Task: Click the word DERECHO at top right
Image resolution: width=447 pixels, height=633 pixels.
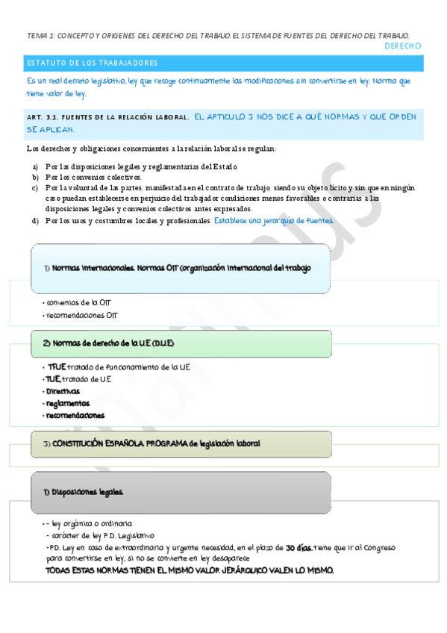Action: (402, 46)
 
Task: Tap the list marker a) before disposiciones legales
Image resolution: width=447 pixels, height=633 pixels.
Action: (35, 166)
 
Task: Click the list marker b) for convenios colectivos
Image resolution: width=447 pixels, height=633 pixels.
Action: (35, 177)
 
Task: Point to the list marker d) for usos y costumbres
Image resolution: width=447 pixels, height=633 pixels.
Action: (35, 221)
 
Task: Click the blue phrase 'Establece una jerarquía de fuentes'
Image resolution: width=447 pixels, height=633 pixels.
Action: (273, 221)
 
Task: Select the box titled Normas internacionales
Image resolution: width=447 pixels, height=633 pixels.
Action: (180, 268)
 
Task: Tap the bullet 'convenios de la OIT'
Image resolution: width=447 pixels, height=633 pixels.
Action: (78, 303)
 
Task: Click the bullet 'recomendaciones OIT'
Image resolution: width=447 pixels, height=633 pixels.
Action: (81, 315)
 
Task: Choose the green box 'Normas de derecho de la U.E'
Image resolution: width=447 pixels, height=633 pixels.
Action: (181, 343)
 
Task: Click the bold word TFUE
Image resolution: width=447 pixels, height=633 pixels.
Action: (56, 367)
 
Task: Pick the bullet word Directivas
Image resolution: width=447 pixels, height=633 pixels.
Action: (63, 391)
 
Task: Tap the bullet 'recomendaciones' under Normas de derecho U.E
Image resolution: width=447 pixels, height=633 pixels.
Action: (75, 415)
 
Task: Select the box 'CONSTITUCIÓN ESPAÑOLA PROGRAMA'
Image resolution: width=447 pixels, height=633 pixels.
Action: (181, 443)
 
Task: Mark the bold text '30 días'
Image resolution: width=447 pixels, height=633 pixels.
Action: (298, 547)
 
